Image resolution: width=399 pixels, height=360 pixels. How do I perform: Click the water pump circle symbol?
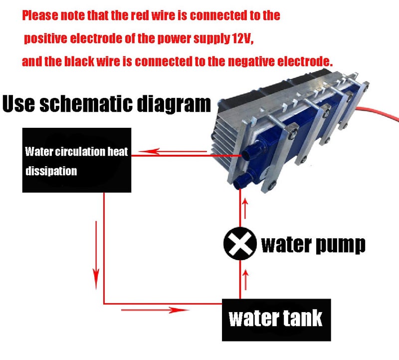240,243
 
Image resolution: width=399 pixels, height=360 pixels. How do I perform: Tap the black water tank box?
276,320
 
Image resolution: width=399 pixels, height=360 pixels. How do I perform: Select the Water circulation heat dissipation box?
77,160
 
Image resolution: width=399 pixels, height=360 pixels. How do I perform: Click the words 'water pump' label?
313,245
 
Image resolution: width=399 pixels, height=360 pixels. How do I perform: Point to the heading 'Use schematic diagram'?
107,103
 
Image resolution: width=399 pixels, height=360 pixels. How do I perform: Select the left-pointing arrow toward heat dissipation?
173,152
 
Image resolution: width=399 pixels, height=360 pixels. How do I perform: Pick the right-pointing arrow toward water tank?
155,310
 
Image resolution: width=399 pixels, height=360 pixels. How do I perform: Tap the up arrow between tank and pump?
245,280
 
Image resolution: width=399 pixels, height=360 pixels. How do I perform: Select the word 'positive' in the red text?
45,38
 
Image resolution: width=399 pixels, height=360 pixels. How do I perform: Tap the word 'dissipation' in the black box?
51,171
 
